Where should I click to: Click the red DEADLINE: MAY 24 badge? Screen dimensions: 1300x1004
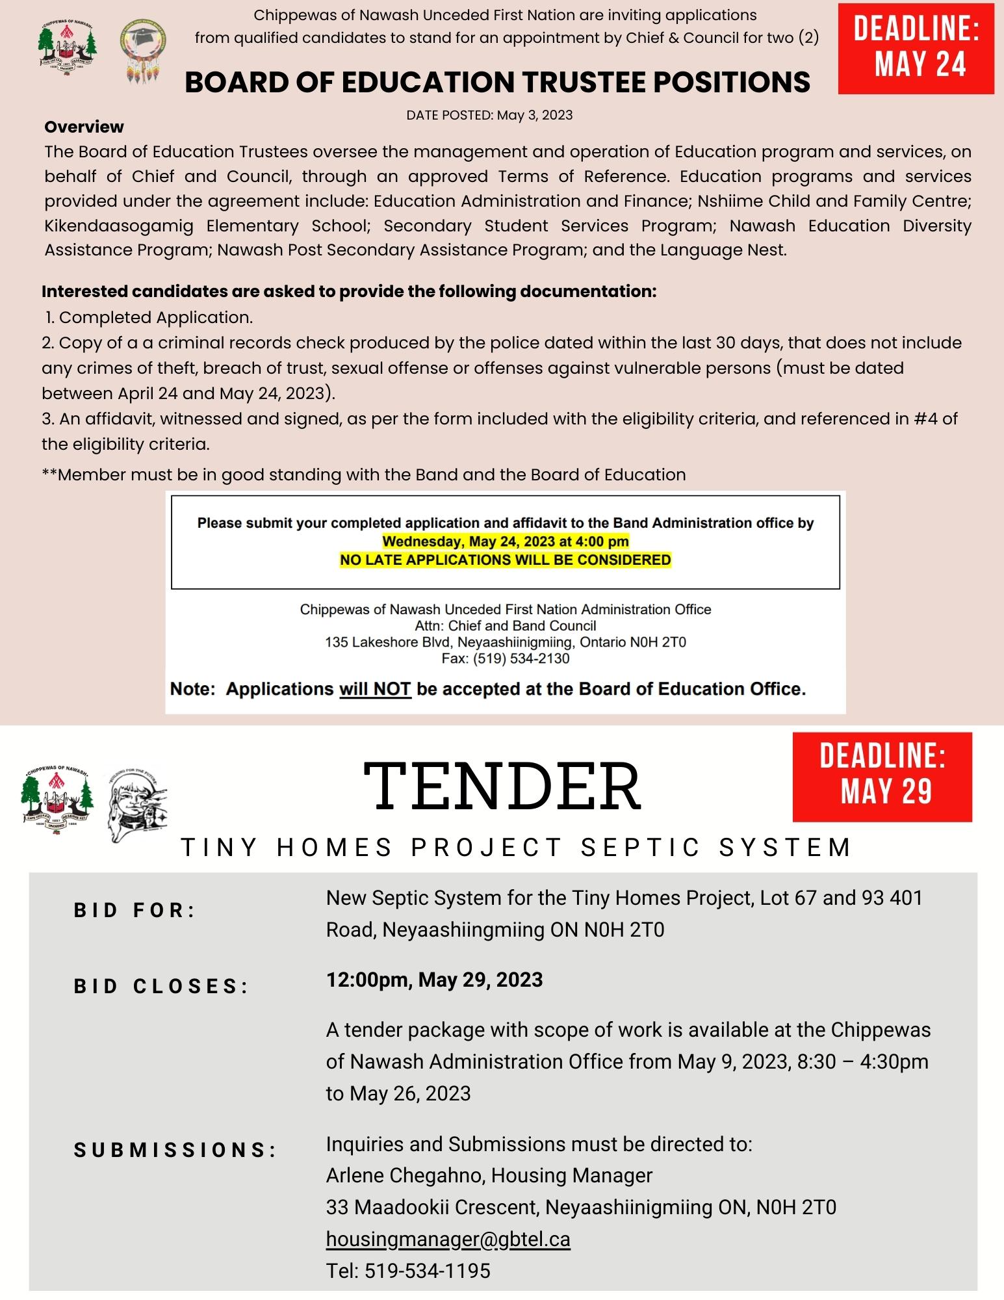(916, 47)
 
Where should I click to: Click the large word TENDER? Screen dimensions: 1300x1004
(502, 786)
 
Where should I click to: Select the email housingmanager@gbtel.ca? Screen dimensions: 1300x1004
(448, 1239)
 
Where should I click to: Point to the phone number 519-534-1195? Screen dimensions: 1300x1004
(427, 1271)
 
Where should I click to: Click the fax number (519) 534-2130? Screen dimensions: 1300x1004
(521, 658)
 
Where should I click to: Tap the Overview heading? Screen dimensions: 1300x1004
(84, 127)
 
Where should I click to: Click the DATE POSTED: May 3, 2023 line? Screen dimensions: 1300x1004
(489, 115)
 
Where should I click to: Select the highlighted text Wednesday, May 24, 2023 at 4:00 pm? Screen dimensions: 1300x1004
(505, 541)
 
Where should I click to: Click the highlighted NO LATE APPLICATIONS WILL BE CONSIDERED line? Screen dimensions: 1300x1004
(505, 560)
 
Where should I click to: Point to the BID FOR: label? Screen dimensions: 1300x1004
(135, 910)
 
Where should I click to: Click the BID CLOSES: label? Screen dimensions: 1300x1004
(161, 986)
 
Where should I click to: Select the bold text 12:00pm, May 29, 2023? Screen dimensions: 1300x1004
(434, 980)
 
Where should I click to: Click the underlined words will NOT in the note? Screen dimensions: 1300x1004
(375, 689)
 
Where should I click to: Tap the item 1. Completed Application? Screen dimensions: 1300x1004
(149, 317)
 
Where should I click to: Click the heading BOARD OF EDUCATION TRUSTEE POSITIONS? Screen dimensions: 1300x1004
(497, 82)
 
